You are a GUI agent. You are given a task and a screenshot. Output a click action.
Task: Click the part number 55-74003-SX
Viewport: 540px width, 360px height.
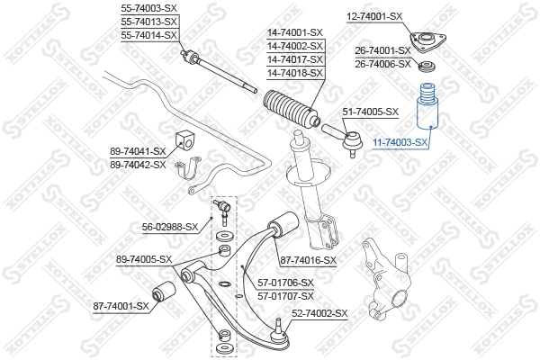[x=149, y=8]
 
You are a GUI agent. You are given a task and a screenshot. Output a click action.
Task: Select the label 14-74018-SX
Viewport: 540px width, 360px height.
[x=293, y=72]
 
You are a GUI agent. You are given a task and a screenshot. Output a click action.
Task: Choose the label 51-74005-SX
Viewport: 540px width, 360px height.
[x=370, y=112]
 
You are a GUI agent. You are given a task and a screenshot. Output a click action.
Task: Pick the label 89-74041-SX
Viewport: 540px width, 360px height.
[x=137, y=152]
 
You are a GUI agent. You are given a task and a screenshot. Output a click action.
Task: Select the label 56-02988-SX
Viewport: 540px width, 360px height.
[x=169, y=227]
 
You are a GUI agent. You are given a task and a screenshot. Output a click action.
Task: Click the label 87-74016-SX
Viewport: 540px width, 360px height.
[x=308, y=260]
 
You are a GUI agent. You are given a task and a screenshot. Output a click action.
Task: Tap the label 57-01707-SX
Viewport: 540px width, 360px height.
[x=285, y=295]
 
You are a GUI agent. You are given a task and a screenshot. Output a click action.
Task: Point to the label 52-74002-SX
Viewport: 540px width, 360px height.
[x=319, y=313]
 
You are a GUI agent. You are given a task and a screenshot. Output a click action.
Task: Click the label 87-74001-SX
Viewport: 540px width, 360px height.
[x=121, y=306]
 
